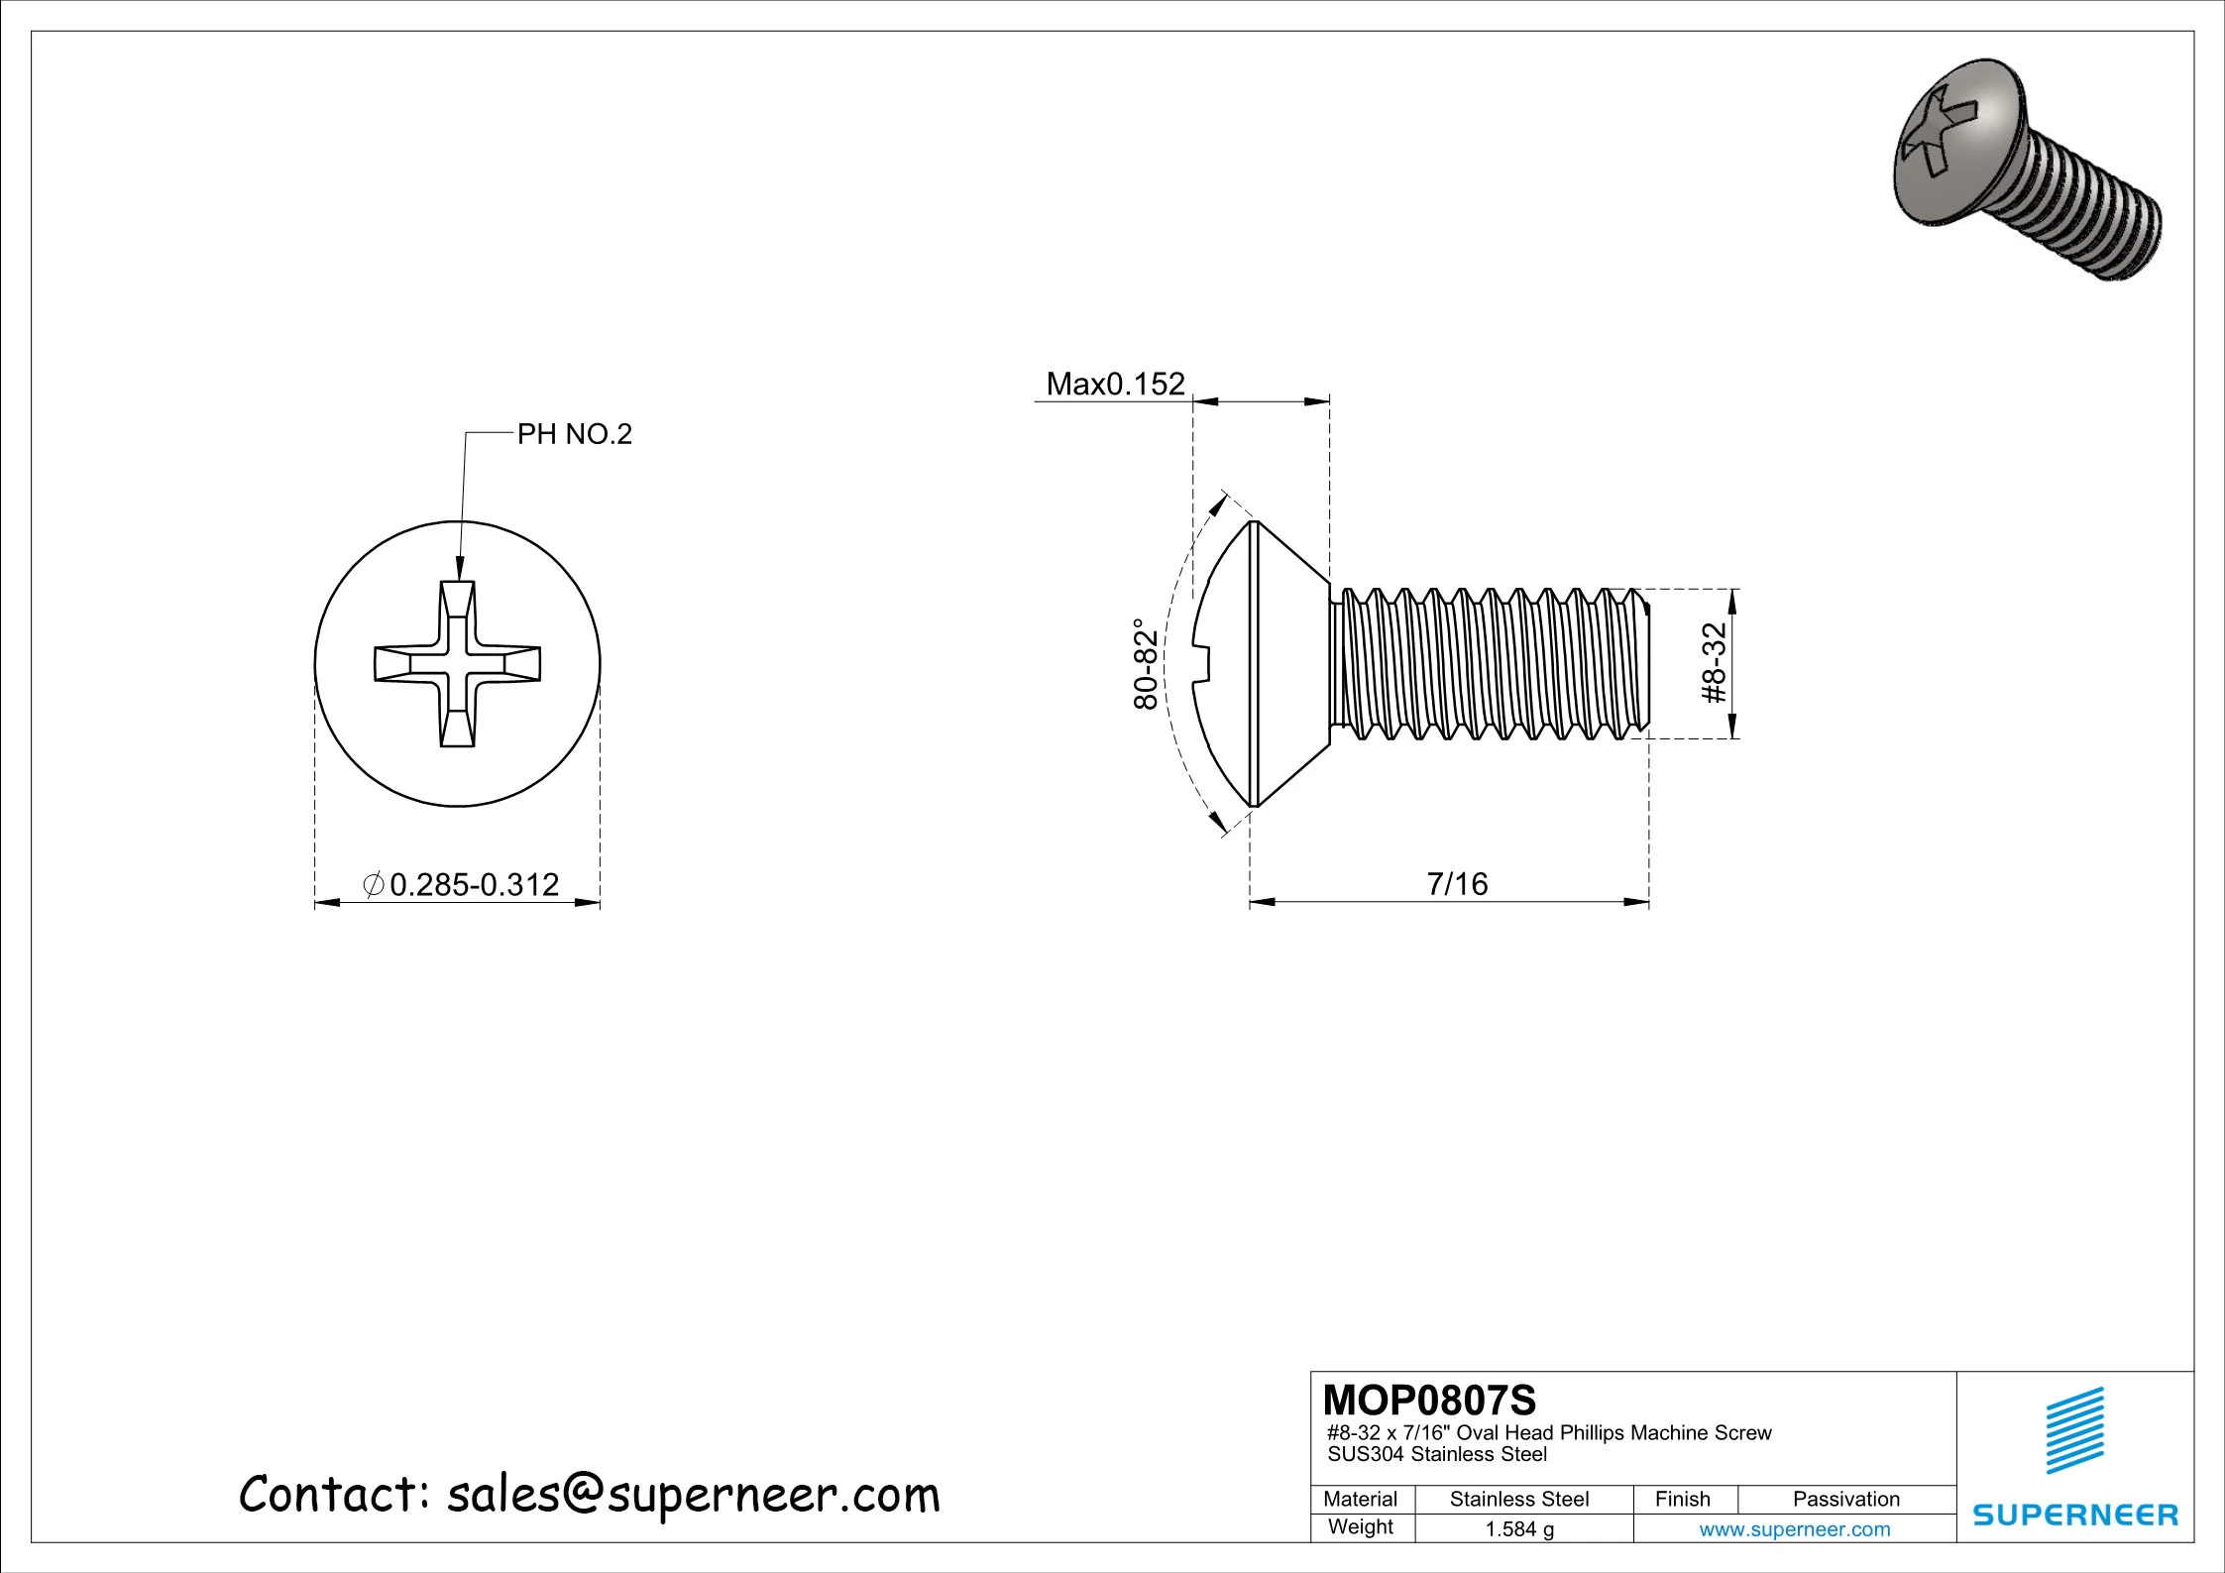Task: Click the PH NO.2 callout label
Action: pos(574,434)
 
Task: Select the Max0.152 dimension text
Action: pos(1115,384)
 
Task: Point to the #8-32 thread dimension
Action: pos(1714,663)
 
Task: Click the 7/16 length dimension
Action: pos(1457,883)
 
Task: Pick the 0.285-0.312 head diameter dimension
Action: pos(474,884)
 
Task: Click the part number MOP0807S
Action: pos(1429,1401)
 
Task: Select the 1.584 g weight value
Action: pos(1519,1529)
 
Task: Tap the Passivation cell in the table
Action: pos(1845,1500)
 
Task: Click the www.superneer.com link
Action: pos(1794,1529)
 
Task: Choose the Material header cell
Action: pos(1360,1500)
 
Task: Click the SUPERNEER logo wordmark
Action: pos(2075,1516)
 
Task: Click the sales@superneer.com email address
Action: pos(693,1495)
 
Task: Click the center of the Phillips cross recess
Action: pos(458,663)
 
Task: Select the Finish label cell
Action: pos(1682,1500)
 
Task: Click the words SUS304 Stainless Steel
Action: pos(1436,1455)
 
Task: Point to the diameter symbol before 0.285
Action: pos(374,884)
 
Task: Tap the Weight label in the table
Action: pos(1360,1527)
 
